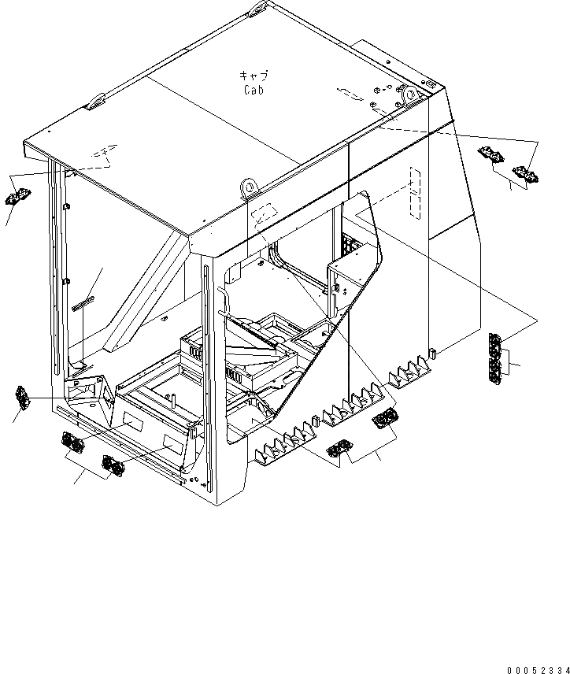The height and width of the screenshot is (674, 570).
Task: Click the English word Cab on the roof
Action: click(x=254, y=90)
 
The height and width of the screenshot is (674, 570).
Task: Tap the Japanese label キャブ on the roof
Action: click(x=254, y=76)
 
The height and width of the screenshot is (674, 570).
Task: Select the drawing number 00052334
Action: click(x=536, y=668)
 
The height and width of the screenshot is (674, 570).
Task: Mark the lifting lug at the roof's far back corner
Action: click(x=259, y=9)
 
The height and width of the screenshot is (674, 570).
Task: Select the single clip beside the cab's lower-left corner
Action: click(x=22, y=398)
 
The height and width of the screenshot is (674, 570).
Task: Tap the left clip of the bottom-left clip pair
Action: click(x=72, y=444)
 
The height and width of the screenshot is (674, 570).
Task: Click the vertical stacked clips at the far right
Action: click(x=496, y=359)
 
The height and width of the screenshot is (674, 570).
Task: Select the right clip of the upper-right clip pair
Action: click(x=524, y=173)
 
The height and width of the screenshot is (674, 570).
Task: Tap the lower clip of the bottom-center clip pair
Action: click(x=339, y=450)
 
